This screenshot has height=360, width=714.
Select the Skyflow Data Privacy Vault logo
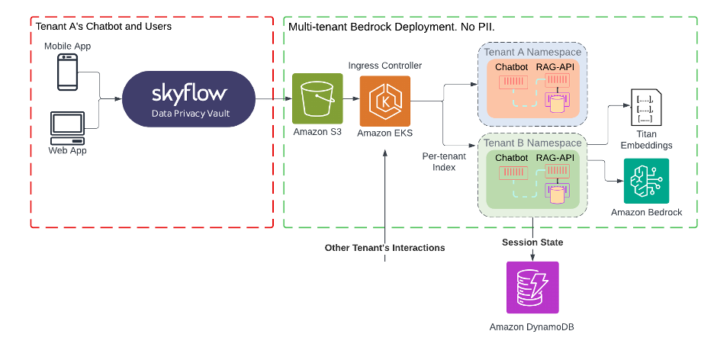point(188,99)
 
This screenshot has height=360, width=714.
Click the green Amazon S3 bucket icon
point(315,101)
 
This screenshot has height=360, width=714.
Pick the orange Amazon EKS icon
point(385,101)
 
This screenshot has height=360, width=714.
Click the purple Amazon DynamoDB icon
point(532,288)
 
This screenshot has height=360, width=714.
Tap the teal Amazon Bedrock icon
point(646,181)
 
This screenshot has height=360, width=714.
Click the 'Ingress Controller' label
point(384,66)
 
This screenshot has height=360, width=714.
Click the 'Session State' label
point(532,243)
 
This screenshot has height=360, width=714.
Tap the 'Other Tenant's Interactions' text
point(384,247)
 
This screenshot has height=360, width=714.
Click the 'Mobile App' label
point(67,46)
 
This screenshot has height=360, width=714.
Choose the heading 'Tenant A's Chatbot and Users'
point(104,27)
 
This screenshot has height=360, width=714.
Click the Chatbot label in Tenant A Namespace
point(512,67)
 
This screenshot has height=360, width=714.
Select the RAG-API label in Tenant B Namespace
point(555,158)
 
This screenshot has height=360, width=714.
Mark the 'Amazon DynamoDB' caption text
point(532,326)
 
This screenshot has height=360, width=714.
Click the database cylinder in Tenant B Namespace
point(557,194)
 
